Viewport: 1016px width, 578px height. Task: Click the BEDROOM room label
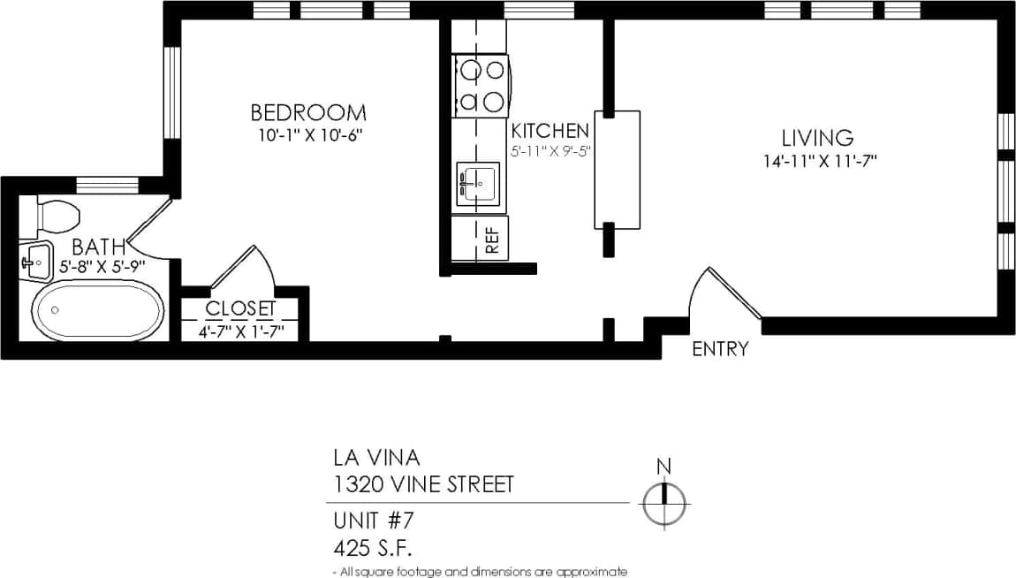pos(307,113)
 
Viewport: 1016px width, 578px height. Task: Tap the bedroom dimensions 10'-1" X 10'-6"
pos(311,136)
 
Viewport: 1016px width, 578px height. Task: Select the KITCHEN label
pos(550,131)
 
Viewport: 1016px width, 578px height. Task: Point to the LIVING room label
pos(817,138)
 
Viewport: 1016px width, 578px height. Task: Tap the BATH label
pos(98,247)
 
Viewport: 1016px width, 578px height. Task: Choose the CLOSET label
pos(240,309)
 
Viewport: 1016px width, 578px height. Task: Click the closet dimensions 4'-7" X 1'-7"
pos(240,332)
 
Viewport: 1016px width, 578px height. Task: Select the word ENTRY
pos(719,349)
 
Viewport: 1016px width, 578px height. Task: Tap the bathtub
pos(98,310)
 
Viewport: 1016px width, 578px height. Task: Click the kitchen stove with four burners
pos(481,86)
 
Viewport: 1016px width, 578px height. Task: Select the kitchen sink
pos(477,186)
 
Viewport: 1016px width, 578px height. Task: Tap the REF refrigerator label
pos(492,239)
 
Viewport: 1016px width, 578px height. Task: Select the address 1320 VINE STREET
pos(422,484)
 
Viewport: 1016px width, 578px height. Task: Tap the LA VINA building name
pos(376,458)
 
